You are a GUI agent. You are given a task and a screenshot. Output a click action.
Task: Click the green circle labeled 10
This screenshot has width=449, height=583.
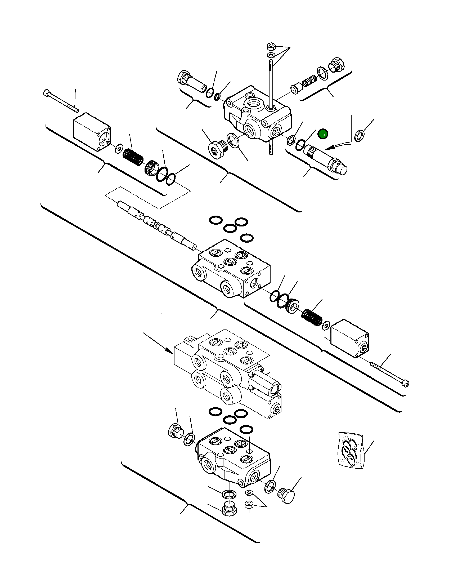coord(322,135)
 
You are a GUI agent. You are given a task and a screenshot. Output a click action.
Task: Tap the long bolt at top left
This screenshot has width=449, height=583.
coord(60,101)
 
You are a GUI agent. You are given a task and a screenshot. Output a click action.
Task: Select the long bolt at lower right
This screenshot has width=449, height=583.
coord(389,374)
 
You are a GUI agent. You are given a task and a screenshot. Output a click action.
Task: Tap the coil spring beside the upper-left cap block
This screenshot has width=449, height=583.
coord(133,157)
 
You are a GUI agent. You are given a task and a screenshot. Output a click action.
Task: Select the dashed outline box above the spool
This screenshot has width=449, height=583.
coord(147,198)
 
